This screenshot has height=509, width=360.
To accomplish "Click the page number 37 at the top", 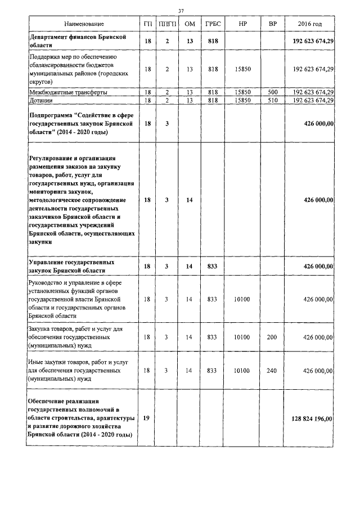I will [x=181, y=11].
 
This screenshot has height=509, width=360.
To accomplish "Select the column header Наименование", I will [x=84, y=25].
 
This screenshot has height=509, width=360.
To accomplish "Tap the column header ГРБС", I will [x=212, y=25].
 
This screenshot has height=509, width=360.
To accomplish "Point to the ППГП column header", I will [x=166, y=25].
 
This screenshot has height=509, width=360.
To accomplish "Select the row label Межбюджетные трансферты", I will [x=68, y=92].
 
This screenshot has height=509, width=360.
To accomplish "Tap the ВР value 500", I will [x=273, y=92].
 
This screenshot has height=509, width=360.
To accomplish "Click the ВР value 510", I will [x=273, y=100].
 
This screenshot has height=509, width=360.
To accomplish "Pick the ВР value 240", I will [x=273, y=371].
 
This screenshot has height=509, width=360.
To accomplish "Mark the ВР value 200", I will [x=273, y=337].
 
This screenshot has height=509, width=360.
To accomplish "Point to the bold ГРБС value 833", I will [x=212, y=267].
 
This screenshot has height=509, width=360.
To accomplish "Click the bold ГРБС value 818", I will [x=212, y=41].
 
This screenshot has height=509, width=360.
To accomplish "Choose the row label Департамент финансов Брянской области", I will [x=76, y=41].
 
